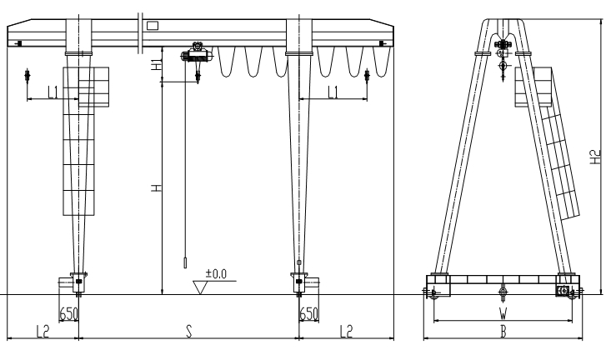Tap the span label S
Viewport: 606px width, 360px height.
click(x=189, y=331)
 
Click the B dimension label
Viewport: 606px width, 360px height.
click(x=502, y=332)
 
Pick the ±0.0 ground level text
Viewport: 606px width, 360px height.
click(x=217, y=273)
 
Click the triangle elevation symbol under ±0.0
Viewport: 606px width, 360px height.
click(x=201, y=287)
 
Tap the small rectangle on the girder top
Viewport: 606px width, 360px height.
click(x=152, y=25)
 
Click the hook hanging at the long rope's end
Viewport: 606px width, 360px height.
click(x=185, y=263)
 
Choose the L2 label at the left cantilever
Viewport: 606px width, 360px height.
click(x=42, y=331)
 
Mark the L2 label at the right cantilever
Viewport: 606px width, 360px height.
click(x=346, y=331)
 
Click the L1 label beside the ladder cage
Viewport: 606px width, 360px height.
click(x=53, y=92)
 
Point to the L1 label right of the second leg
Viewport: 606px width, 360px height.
click(x=333, y=92)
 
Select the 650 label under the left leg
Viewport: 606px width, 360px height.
click(x=69, y=313)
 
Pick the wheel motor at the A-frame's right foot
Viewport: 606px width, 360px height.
click(x=564, y=292)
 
